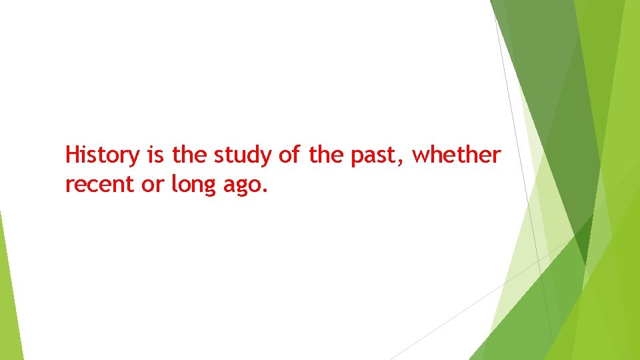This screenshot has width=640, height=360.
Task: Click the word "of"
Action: (289, 155)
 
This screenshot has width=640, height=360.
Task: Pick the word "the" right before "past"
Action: (325, 155)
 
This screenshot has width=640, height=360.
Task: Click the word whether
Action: (456, 155)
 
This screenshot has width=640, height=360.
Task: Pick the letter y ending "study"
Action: (267, 158)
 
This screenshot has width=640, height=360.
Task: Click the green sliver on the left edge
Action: (9, 293)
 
